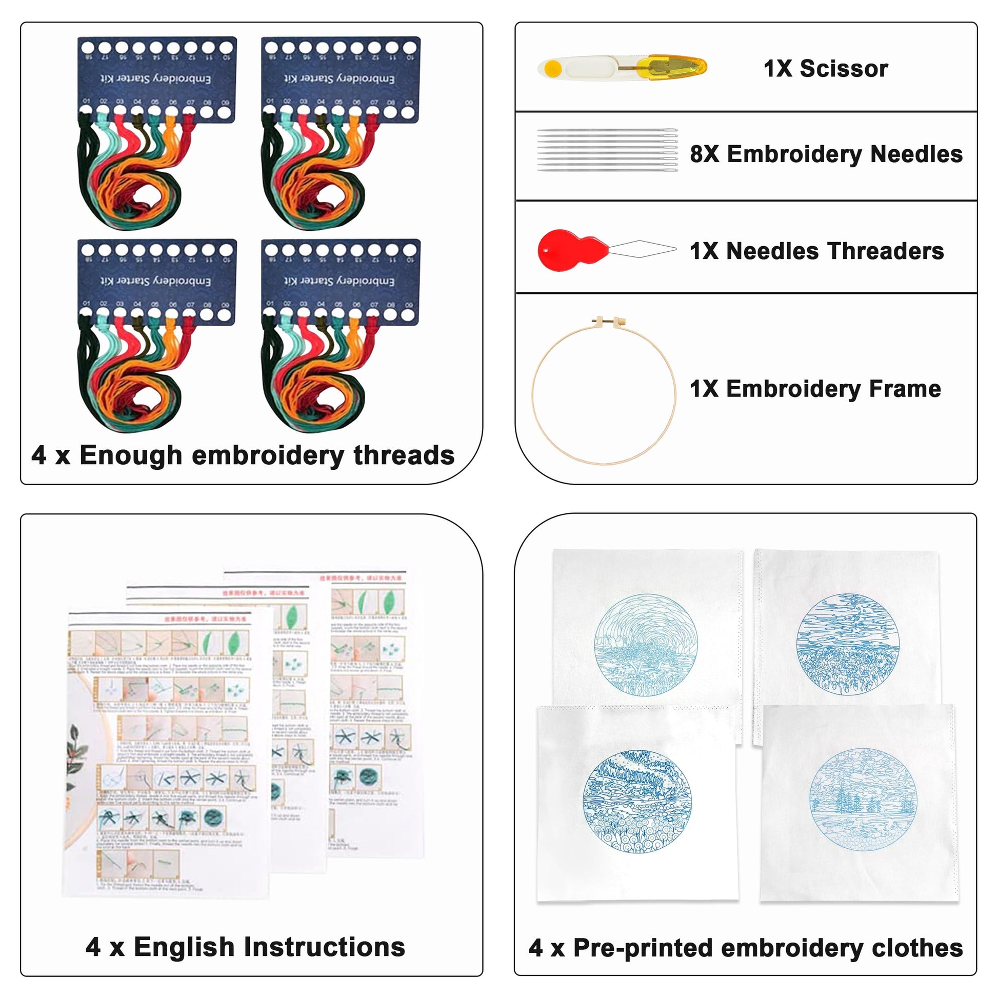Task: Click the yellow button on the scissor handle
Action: click(552, 68)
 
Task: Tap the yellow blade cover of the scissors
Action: click(671, 67)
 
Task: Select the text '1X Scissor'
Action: click(826, 69)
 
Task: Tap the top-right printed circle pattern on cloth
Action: click(847, 644)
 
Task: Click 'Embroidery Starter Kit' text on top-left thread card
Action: click(155, 78)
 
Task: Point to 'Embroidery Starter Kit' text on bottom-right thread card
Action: click(340, 281)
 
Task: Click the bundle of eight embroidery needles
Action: click(607, 150)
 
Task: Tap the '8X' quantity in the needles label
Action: click(704, 154)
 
